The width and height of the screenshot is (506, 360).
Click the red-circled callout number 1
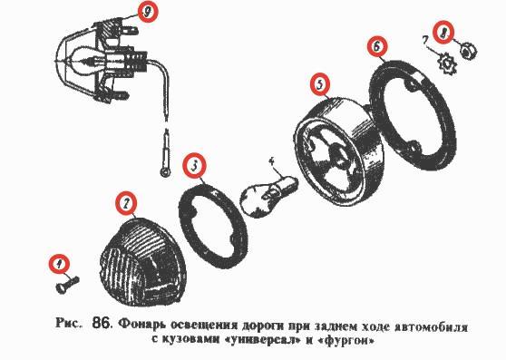tap(59, 264)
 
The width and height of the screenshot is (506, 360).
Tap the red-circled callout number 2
tap(126, 203)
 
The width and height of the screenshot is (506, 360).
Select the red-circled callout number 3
tap(194, 166)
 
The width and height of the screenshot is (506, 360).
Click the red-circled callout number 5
tap(320, 84)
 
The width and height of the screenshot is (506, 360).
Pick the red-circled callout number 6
tap(377, 46)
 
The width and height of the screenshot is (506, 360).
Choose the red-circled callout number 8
tap(443, 33)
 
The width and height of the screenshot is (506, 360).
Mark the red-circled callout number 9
tap(148, 12)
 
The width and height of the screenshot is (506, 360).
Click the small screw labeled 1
tap(67, 284)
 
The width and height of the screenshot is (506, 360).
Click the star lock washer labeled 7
tap(446, 64)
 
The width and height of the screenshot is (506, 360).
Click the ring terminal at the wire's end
tap(166, 172)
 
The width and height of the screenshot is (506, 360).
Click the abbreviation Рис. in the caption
tap(68, 323)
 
